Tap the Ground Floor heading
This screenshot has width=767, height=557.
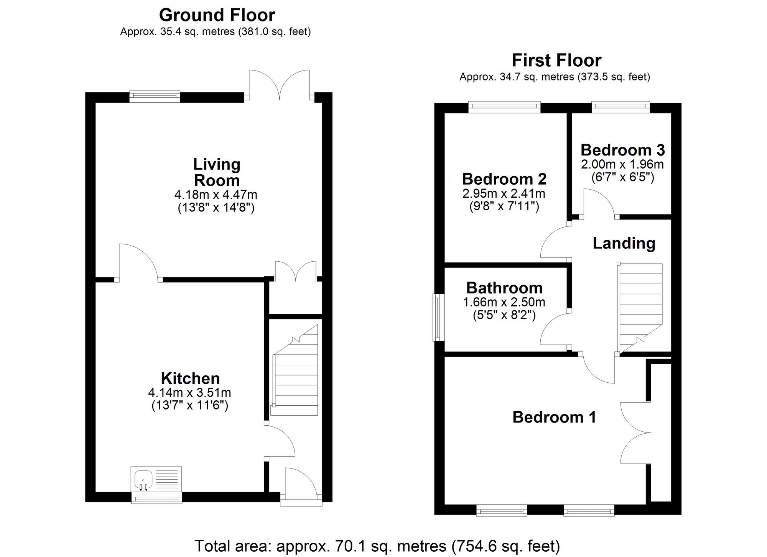point(217,15)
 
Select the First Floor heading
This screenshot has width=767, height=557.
point(556,61)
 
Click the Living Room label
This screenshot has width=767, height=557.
point(217,172)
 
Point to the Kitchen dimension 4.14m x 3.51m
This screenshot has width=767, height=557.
point(189,393)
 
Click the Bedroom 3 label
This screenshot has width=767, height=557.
point(622,150)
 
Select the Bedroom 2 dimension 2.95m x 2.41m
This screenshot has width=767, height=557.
point(504,193)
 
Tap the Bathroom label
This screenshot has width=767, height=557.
point(504,288)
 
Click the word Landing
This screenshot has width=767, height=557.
point(624,244)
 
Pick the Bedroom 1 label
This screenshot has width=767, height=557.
point(554,417)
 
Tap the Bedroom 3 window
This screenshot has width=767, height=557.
point(621,107)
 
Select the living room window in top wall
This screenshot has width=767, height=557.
point(155,97)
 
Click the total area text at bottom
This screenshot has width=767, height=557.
point(377,546)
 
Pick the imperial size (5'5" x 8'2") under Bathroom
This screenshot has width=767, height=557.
point(504,315)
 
